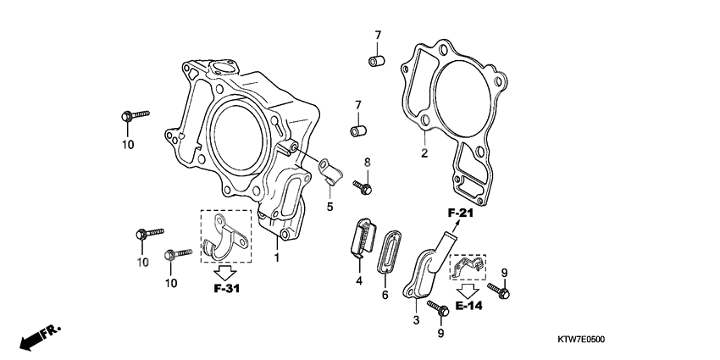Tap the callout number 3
416,320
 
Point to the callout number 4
359,280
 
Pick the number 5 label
330,206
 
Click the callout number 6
385,295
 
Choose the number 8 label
367,162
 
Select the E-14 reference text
468,306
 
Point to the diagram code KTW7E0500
580,339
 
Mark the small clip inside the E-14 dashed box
464,269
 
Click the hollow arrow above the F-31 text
224,272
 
